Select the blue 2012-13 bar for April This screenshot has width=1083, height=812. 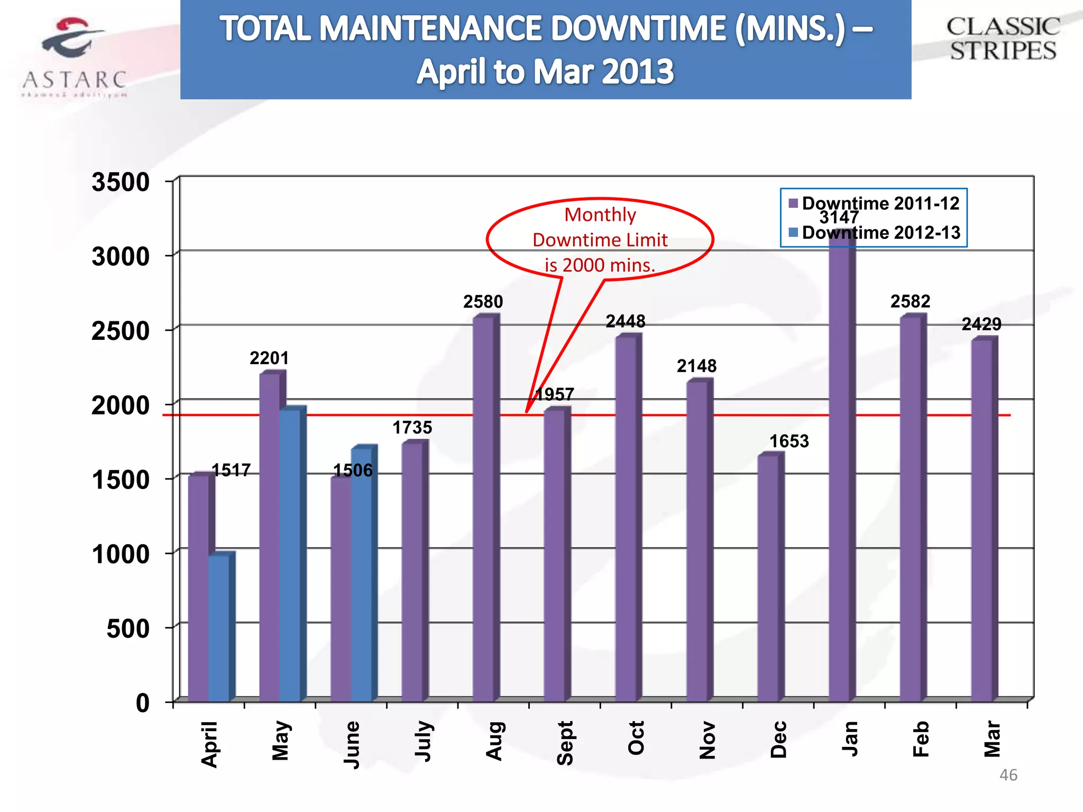(x=219, y=629)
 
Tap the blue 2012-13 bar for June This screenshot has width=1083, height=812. (x=361, y=576)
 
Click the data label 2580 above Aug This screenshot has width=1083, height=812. (x=483, y=302)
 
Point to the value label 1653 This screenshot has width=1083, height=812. (x=789, y=441)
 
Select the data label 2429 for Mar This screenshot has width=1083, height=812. (x=981, y=324)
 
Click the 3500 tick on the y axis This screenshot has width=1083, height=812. (x=121, y=182)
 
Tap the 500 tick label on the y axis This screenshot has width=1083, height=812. (x=128, y=629)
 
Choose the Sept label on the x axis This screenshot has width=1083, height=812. (x=565, y=743)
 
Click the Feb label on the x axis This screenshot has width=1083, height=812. (x=921, y=739)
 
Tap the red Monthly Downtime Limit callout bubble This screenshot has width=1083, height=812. (x=600, y=239)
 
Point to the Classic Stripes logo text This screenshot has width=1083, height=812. (x=1003, y=39)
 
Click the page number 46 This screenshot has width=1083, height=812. (x=1008, y=775)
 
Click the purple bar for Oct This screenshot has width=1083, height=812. (x=626, y=518)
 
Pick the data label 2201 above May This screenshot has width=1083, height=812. (x=269, y=358)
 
